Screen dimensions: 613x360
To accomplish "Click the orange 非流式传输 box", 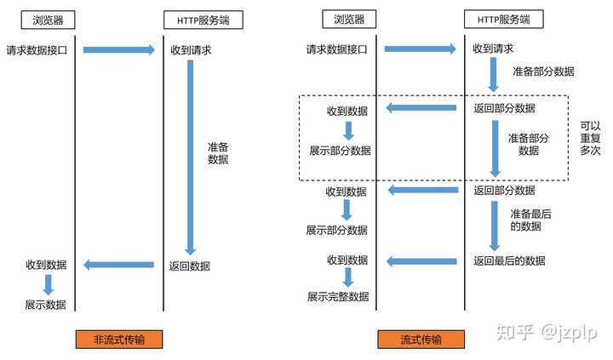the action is point(119,340).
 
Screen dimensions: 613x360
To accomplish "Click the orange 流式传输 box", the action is point(421,340).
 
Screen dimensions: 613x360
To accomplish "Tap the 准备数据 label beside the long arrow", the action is point(218,153).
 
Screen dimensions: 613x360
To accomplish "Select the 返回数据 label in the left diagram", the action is point(190,266).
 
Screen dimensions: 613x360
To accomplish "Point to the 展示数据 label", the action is point(46,305).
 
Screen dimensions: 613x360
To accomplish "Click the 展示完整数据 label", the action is point(338,297).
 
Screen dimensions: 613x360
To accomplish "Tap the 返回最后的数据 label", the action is point(509,260).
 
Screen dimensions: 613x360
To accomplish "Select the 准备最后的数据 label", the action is point(530,220).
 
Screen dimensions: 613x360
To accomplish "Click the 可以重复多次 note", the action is point(590,138).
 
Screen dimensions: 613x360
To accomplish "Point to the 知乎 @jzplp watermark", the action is point(547,332).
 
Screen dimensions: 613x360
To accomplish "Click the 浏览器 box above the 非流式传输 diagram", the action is point(48,20).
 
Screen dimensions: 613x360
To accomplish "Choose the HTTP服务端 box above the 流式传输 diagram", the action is point(504,20).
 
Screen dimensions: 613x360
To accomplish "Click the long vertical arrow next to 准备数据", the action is point(191,157).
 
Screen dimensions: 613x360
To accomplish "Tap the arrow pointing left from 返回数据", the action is point(119,265).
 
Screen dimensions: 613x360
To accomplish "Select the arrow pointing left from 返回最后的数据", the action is point(421,261).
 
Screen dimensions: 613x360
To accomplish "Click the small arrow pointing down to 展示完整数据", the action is point(348,277).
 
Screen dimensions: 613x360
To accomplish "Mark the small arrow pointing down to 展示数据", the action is point(49,284).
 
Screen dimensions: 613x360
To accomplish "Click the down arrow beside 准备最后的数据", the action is point(495,226).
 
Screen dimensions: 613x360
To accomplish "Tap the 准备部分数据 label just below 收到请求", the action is point(543,71).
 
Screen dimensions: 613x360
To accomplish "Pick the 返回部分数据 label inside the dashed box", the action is point(504,108).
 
